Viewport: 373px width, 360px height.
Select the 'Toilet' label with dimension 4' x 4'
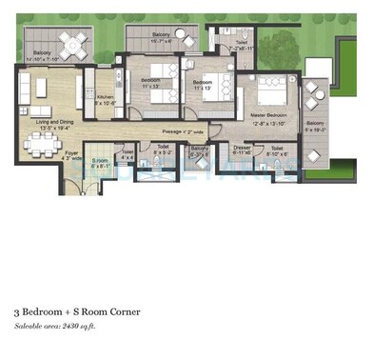point(128,151)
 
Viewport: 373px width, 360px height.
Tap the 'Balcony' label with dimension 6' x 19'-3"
point(316,123)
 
